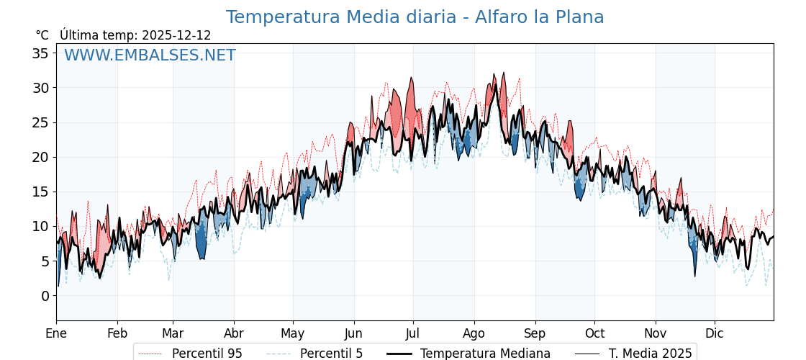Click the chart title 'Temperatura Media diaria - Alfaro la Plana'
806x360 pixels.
tap(415, 17)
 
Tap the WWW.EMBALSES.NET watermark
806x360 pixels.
tap(150, 55)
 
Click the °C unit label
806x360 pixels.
tap(42, 35)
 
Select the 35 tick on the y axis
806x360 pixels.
tap(40, 53)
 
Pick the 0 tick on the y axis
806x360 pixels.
tap(45, 296)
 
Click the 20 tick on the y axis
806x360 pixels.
tap(40, 157)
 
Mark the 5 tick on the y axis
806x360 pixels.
tap(45, 261)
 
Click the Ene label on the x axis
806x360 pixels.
tap(56, 333)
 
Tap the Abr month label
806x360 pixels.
tap(234, 333)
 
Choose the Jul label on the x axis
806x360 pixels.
tap(413, 333)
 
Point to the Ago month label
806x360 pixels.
tap(474, 333)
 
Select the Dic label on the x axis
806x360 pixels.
tap(715, 333)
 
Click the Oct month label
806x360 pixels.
tap(594, 333)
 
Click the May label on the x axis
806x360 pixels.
tap(293, 333)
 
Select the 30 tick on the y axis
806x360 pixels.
tap(40, 88)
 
